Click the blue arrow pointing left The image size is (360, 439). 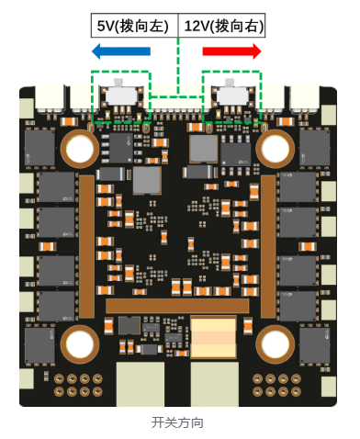coord(121,51)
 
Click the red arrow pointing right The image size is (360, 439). coord(231,51)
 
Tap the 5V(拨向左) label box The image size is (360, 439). coord(134,26)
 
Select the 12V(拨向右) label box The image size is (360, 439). coord(221,26)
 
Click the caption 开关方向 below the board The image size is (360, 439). coord(177,422)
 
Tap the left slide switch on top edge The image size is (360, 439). coord(121,94)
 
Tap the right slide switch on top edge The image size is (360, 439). coord(232,94)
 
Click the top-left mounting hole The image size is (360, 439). coord(80,149)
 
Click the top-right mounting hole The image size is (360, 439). coord(275,149)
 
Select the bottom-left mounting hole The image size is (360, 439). coord(80,344)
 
